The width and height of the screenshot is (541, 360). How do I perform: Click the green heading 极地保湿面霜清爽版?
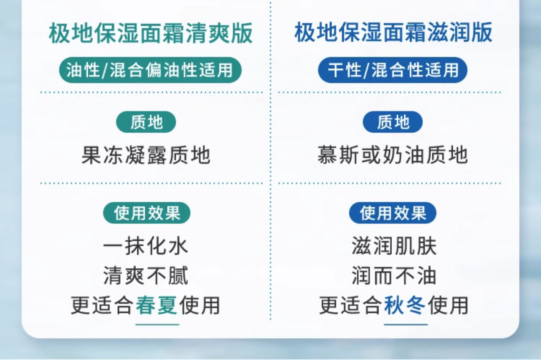pos(151,33)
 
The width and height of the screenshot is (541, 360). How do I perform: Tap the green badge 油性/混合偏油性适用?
pos(150,70)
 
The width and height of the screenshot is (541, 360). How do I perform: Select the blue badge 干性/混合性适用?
pos(393,70)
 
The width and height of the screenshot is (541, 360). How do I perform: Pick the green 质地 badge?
pos(146,122)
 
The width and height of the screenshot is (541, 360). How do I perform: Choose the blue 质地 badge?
pos(393,122)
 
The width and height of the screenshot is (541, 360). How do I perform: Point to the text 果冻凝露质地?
pos(146,155)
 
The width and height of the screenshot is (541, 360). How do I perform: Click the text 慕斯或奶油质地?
pos(393,155)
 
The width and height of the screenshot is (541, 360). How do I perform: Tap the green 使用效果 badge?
pos(147,213)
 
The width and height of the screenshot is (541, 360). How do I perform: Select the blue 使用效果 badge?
pos(393,213)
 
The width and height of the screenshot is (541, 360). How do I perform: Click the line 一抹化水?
pos(146,246)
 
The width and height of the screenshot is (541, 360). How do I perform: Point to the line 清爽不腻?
pos(146,276)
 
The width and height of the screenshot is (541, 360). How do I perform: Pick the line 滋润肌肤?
pos(394,246)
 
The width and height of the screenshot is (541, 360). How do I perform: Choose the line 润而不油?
pos(394,276)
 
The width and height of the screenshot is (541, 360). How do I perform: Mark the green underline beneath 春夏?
pos(157,325)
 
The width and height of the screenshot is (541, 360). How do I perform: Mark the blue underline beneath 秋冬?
pos(406,325)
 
